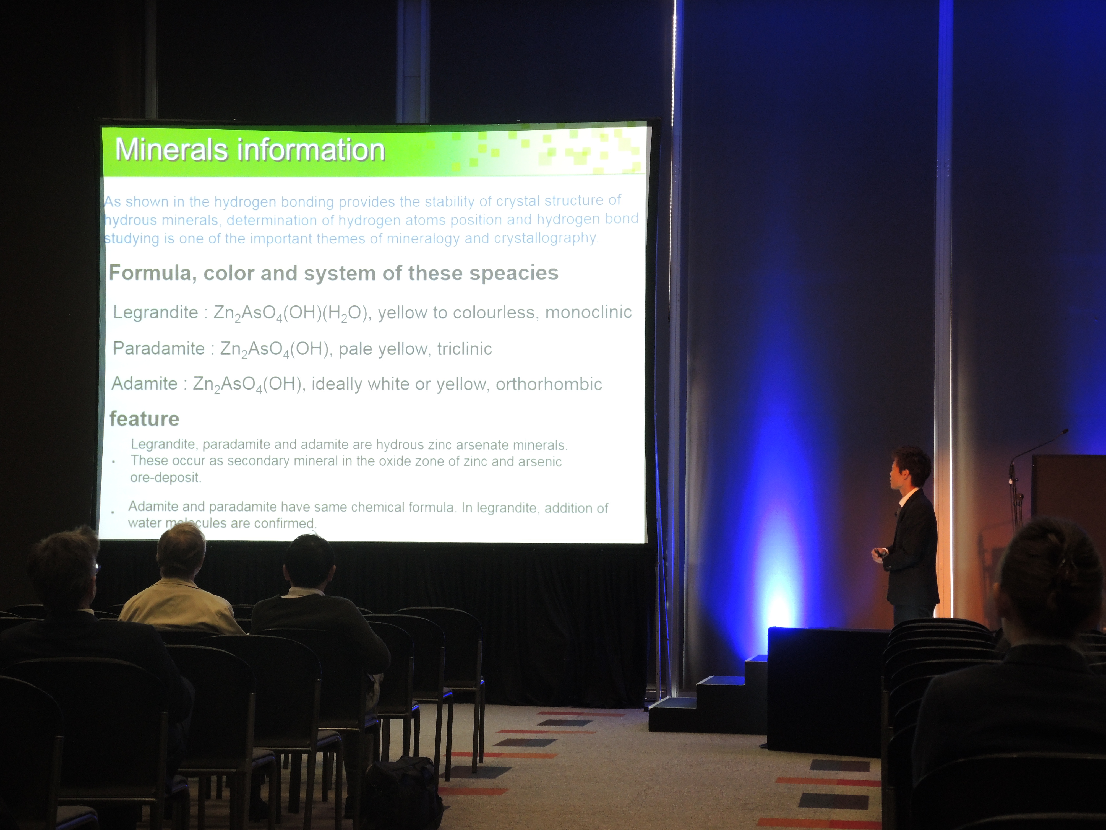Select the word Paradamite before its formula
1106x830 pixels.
coord(158,348)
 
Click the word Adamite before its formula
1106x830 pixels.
coord(144,384)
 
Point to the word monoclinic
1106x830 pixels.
coord(588,312)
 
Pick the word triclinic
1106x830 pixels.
coord(465,349)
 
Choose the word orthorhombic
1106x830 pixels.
coord(549,384)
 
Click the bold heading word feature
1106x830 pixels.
coord(144,419)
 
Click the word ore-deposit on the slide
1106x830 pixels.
coord(166,477)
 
